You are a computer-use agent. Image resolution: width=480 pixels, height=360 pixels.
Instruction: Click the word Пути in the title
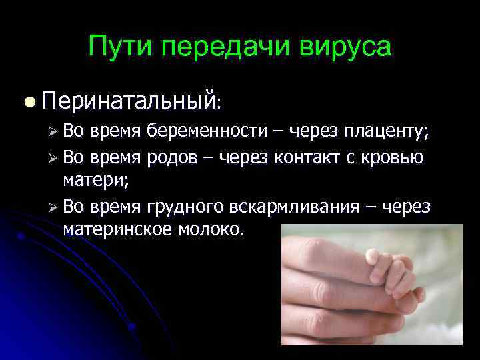coord(119,47)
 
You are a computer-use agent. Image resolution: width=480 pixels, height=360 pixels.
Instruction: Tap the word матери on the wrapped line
coord(89,180)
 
